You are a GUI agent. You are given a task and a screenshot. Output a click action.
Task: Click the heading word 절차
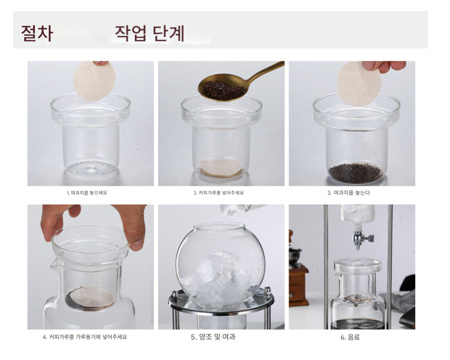pyautogui.click(x=37, y=34)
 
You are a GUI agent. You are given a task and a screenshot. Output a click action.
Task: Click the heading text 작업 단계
pyautogui.click(x=149, y=34)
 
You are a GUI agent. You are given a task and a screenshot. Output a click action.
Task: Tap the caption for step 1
pyautogui.click(x=87, y=193)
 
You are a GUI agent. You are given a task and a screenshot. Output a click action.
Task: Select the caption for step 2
pyautogui.click(x=219, y=193)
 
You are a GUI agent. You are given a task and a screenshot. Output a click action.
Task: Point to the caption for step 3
pyautogui.click(x=349, y=193)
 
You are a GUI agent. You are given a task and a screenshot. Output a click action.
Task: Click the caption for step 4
pyautogui.click(x=85, y=337)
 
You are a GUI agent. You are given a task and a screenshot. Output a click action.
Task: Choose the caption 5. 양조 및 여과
pyautogui.click(x=213, y=337)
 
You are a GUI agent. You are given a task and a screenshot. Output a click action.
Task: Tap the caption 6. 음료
pyautogui.click(x=350, y=337)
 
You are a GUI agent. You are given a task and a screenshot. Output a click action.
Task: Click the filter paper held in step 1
pyautogui.click(x=95, y=81)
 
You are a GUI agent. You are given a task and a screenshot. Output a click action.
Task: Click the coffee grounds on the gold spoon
pyautogui.click(x=223, y=90)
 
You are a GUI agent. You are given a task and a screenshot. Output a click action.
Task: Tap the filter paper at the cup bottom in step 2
pyautogui.click(x=221, y=168)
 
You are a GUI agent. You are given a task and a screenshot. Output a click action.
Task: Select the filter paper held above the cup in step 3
pyautogui.click(x=359, y=84)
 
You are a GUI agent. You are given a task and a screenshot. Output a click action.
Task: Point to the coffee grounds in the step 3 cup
pyautogui.click(x=355, y=173)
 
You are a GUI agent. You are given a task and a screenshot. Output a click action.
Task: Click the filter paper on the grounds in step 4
pyautogui.click(x=92, y=297)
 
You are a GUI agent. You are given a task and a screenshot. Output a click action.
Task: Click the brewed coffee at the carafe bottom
pyautogui.click(x=358, y=324)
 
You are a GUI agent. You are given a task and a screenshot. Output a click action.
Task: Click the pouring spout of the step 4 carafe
pyautogui.click(x=54, y=264)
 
